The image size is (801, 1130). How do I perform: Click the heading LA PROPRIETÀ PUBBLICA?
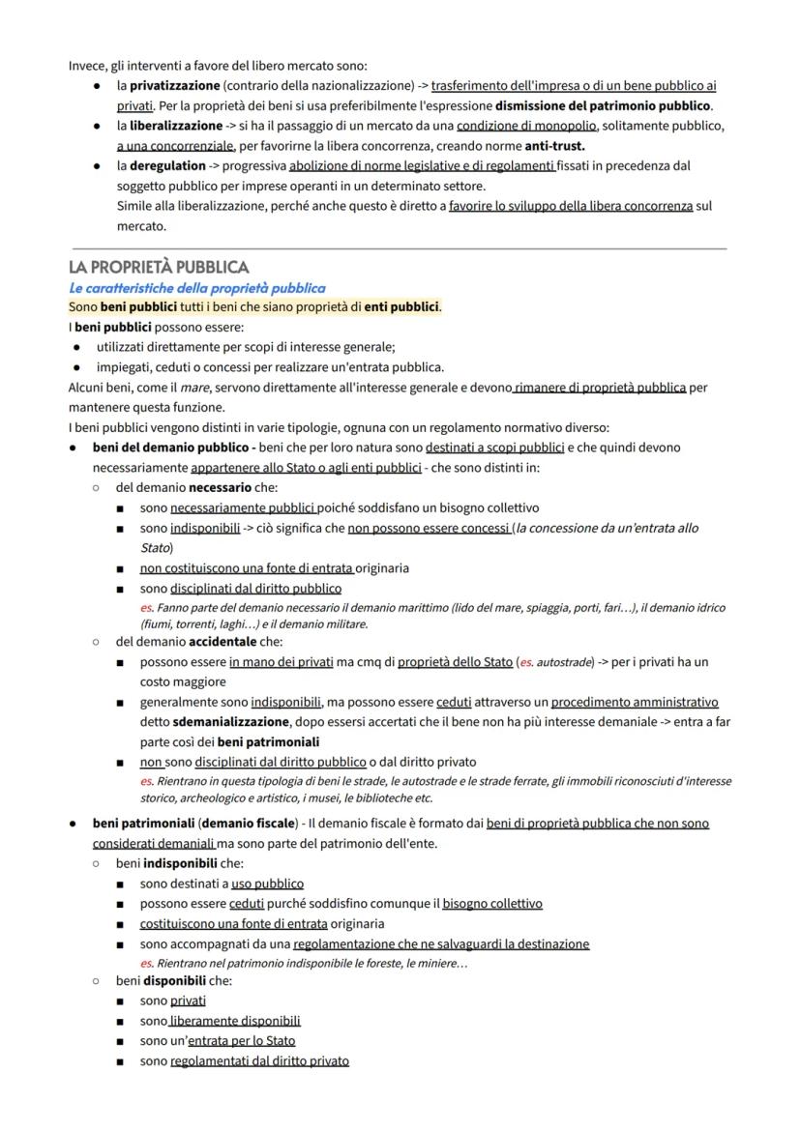click(x=159, y=267)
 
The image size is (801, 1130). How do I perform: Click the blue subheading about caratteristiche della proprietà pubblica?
click(x=196, y=288)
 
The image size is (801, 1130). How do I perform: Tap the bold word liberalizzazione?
click(x=169, y=126)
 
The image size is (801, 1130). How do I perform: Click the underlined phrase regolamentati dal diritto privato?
click(x=259, y=1060)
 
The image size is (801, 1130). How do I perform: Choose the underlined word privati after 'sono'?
click(x=188, y=1000)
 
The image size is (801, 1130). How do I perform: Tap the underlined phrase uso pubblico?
click(x=267, y=884)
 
